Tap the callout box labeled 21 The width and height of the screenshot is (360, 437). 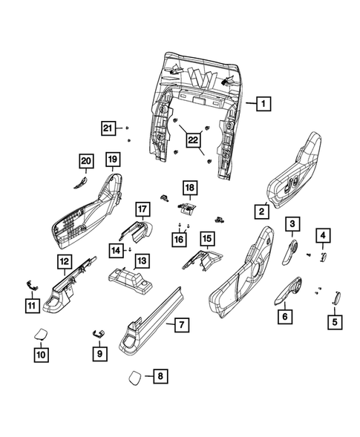110,129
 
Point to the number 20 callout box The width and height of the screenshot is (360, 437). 86,161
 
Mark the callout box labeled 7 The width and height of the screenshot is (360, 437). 180,324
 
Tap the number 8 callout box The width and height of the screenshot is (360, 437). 158,377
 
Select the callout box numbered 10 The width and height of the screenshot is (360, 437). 42,355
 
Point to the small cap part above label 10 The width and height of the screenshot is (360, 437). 42,335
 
